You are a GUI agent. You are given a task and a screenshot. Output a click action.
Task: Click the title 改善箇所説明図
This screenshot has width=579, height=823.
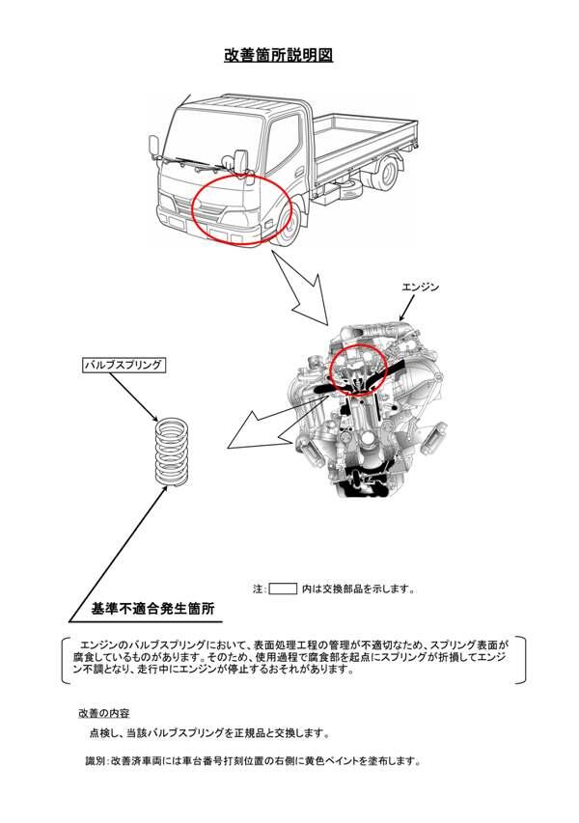coord(279,55)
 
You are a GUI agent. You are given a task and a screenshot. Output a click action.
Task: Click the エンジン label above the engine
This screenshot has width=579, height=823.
coord(421,288)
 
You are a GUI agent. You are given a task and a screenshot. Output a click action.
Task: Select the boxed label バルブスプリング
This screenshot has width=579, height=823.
coord(123,366)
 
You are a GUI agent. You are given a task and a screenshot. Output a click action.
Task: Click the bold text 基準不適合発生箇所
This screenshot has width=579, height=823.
coord(152,610)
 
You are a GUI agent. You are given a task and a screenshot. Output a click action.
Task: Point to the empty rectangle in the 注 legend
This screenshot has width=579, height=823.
coord(282,588)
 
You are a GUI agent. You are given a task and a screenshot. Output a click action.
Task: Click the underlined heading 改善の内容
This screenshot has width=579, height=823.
coord(104,713)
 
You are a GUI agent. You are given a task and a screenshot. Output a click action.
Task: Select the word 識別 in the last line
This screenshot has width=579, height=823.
coord(96,762)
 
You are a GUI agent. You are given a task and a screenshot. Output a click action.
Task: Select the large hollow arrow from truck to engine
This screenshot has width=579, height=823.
coord(303,289)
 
